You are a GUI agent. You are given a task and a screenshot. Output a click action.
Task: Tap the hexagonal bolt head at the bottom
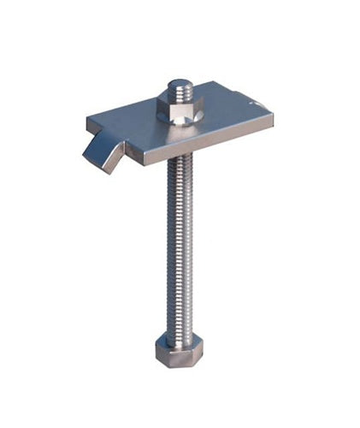click(x=176, y=349)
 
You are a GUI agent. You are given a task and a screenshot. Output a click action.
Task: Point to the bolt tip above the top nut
click(x=179, y=86)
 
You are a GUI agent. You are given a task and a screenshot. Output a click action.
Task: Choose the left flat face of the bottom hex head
click(x=160, y=349)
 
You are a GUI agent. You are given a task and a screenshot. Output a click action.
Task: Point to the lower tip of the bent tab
click(x=110, y=170)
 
